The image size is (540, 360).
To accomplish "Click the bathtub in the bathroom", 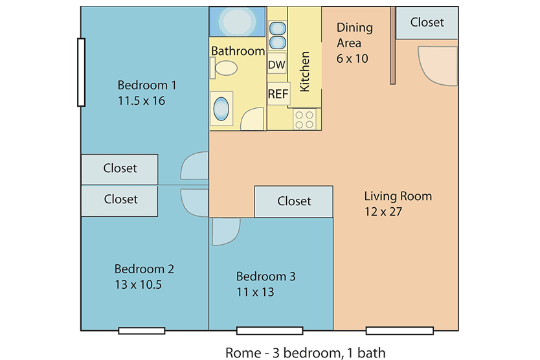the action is tap(237, 22).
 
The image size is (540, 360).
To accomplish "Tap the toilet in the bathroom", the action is tap(223, 68).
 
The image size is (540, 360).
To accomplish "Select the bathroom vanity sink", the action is tap(221, 109).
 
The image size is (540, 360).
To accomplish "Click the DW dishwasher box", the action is tap(277, 64).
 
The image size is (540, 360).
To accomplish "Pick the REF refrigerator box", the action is tap(278, 94).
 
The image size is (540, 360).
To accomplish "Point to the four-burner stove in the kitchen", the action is tap(304, 119).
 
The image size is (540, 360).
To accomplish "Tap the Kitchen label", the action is tap(304, 72).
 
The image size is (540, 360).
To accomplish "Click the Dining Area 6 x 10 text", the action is tap(355, 43).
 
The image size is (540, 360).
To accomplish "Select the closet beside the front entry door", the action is tap(427, 23).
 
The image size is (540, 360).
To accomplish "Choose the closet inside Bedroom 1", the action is tap(120, 169).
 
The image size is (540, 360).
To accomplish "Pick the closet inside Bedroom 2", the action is tap(120, 201).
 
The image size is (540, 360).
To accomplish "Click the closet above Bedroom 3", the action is tap(293, 201).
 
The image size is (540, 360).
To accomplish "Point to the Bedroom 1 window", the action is tap(82, 72).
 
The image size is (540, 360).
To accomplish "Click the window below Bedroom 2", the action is tap(142, 331).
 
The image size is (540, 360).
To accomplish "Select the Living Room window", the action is tap(399, 331).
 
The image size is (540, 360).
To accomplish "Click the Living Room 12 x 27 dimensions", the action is tap(383, 212).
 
